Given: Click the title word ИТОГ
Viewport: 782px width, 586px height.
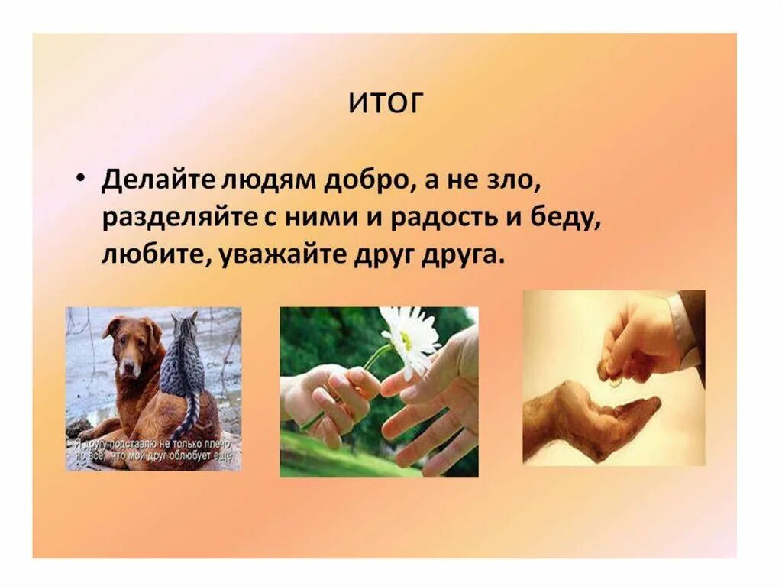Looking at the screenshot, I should pyautogui.click(x=385, y=103).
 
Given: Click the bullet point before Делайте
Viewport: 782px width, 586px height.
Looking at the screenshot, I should pyautogui.click(x=81, y=176).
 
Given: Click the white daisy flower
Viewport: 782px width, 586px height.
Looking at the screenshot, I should pyautogui.click(x=409, y=337).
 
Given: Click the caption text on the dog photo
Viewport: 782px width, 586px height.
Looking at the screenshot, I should pyautogui.click(x=153, y=450).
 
